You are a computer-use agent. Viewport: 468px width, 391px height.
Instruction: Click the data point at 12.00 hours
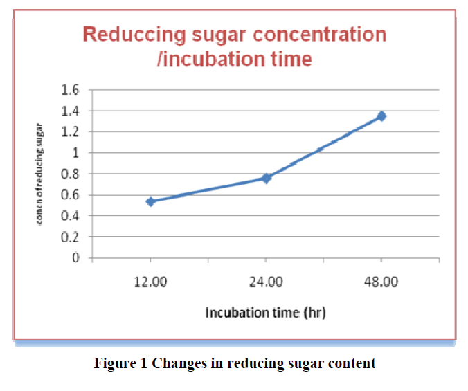point(150,201)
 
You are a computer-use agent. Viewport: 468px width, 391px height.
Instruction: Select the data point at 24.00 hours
point(266,178)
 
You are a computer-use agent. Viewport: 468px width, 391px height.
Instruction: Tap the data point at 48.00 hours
point(381,116)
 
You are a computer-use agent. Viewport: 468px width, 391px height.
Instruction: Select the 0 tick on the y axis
point(76,257)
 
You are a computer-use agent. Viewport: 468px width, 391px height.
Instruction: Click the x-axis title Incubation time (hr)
point(265,313)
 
